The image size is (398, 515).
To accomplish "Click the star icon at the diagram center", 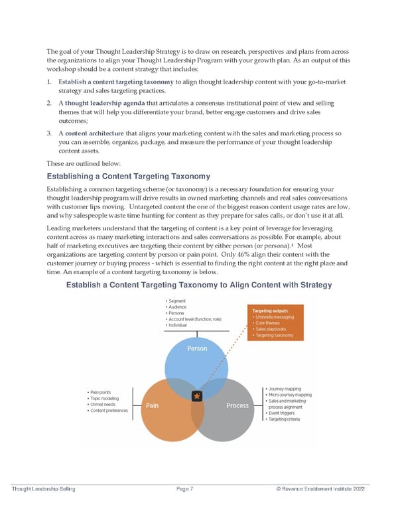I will pos(196,396).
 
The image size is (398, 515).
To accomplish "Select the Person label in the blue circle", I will pos(197,348).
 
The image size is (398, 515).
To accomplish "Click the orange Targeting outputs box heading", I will pos(272,310).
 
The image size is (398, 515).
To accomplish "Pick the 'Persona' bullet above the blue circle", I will pos(178,313).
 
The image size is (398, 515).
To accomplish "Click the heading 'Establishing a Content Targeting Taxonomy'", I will pos(128,176).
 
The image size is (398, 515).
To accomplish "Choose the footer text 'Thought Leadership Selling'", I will pos(44,489).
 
